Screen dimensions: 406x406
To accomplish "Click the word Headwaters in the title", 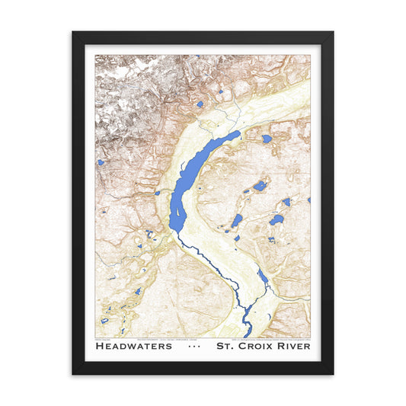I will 135,346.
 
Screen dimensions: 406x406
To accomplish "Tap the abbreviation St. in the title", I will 226,346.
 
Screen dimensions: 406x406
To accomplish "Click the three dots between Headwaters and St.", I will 194,346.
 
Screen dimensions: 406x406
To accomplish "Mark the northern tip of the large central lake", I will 237,133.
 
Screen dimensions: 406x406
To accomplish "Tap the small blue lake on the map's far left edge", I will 101,162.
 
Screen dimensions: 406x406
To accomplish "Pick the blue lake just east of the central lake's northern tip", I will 266,139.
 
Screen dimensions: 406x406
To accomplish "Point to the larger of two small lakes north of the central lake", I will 200,104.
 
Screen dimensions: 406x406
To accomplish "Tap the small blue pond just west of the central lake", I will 158,193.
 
